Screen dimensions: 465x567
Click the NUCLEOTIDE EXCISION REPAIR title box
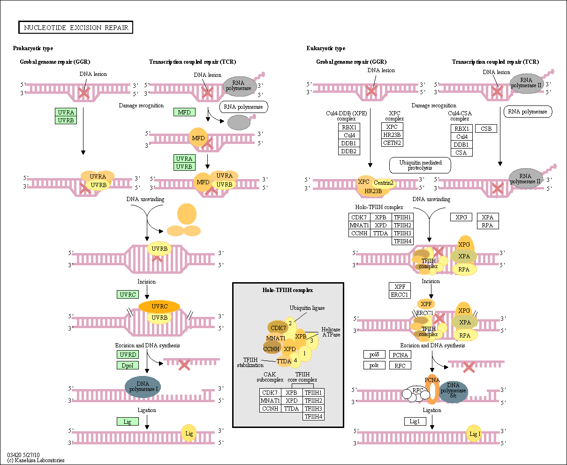(x=76, y=28)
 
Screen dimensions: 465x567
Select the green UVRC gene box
(x=128, y=294)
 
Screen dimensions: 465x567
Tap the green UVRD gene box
(x=128, y=355)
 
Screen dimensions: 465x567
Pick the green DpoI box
(x=128, y=365)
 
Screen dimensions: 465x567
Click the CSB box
(x=486, y=128)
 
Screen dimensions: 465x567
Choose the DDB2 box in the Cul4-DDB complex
(x=348, y=151)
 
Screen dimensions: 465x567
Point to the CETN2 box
(x=392, y=142)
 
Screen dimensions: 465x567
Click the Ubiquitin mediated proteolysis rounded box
(x=420, y=165)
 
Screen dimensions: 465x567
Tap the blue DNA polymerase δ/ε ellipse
(x=453, y=391)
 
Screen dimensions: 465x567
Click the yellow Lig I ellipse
(x=475, y=434)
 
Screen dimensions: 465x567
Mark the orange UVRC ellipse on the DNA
(x=159, y=307)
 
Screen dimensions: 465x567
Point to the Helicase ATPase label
(x=331, y=332)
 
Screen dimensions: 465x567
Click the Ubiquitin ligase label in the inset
(x=307, y=308)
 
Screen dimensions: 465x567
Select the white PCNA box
(x=400, y=355)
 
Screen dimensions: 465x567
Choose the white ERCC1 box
(x=400, y=294)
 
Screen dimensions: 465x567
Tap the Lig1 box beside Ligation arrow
(x=415, y=421)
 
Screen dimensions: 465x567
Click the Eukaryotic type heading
(x=326, y=48)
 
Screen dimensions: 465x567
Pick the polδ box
(x=374, y=355)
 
